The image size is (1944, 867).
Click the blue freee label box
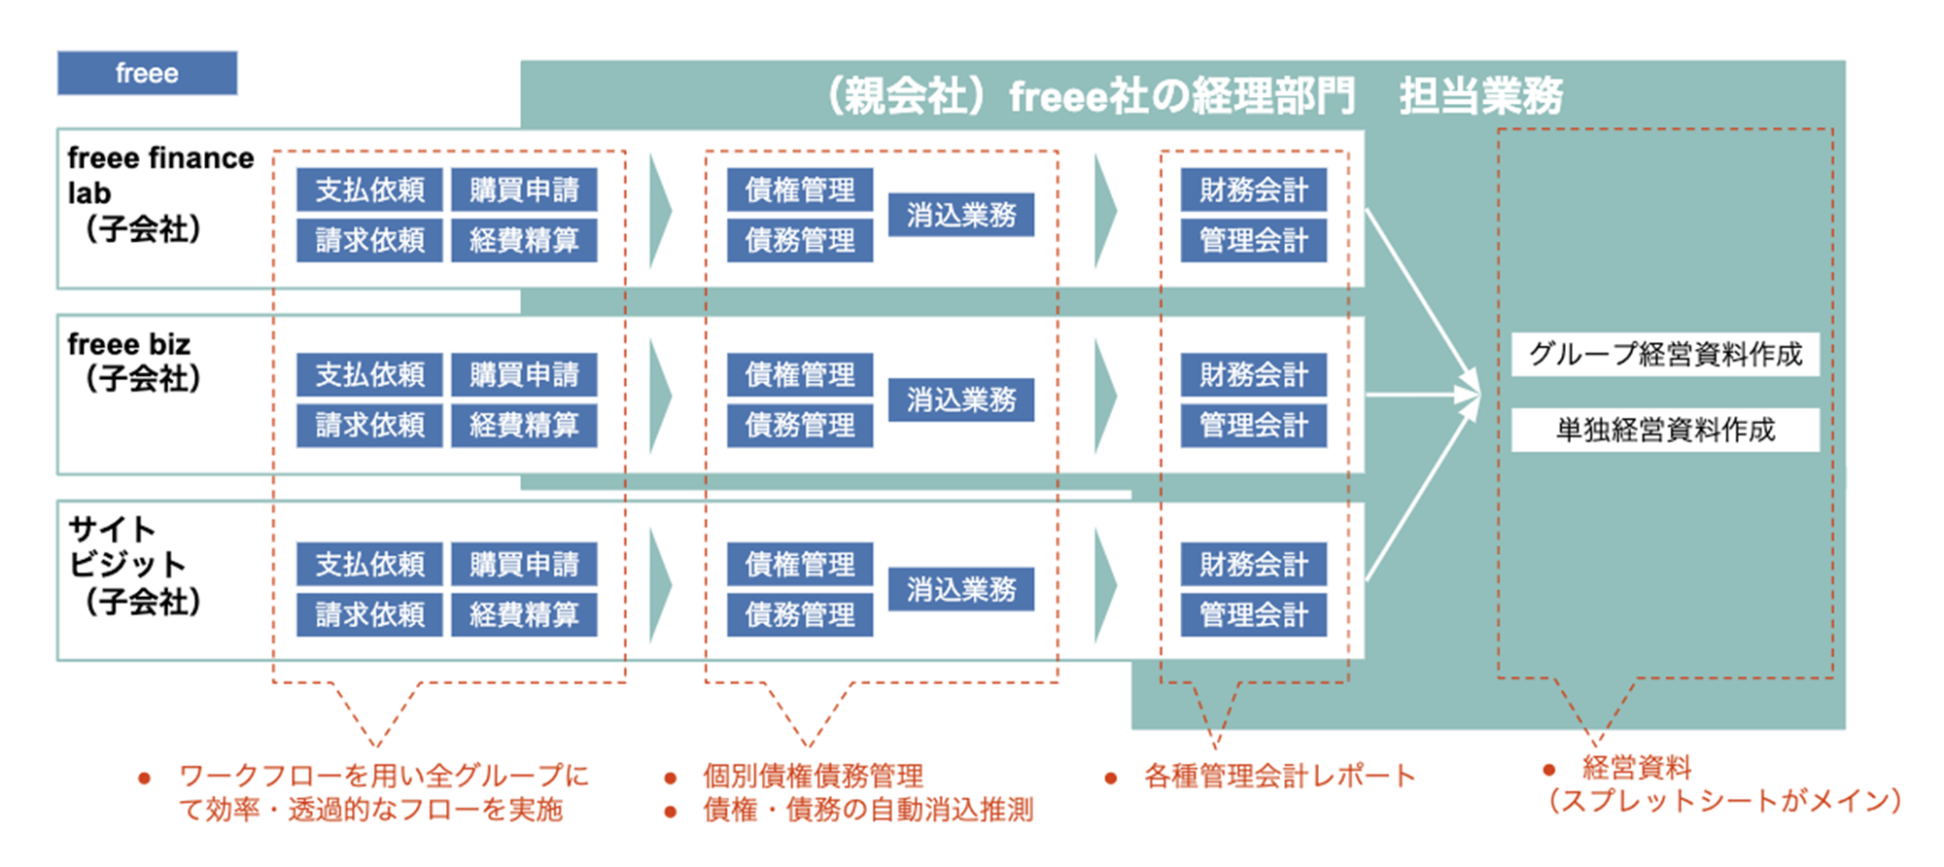147,73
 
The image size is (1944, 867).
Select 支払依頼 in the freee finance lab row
369,190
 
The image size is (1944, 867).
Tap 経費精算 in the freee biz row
524,425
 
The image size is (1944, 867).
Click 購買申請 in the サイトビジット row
524,564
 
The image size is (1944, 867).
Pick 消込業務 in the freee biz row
960,399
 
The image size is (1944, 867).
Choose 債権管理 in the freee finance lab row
800,190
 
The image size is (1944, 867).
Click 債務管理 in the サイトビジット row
800,614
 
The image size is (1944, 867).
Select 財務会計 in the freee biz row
1253,374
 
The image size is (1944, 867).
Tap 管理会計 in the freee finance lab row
1253,240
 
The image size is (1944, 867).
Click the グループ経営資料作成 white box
1665,354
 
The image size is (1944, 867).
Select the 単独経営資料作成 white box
1665,430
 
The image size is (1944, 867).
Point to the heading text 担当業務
1480,96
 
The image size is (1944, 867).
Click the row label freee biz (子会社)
136,362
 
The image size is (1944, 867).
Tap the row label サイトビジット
126,547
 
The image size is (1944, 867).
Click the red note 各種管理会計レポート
1279,776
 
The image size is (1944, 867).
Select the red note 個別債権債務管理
813,776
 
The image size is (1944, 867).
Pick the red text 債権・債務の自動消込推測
867,810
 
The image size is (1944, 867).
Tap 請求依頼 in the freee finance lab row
369,240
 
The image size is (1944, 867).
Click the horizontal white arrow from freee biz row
1419,395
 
